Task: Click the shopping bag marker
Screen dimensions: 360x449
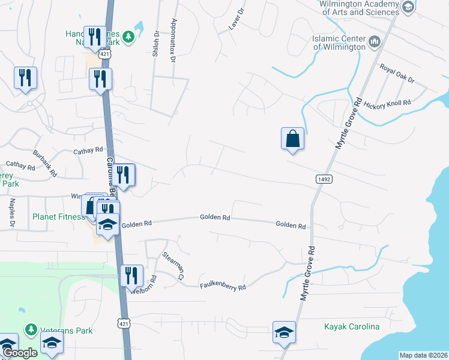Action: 292,138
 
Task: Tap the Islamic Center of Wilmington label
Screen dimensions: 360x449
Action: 339,43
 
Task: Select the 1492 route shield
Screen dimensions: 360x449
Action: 322,179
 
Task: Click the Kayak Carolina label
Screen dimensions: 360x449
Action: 352,326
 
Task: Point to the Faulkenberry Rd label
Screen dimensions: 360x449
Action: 223,287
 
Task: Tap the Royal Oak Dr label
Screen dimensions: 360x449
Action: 397,71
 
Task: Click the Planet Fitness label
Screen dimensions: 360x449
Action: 58,217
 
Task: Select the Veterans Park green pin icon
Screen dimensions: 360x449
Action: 31,329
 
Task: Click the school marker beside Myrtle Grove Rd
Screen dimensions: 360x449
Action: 284,332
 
